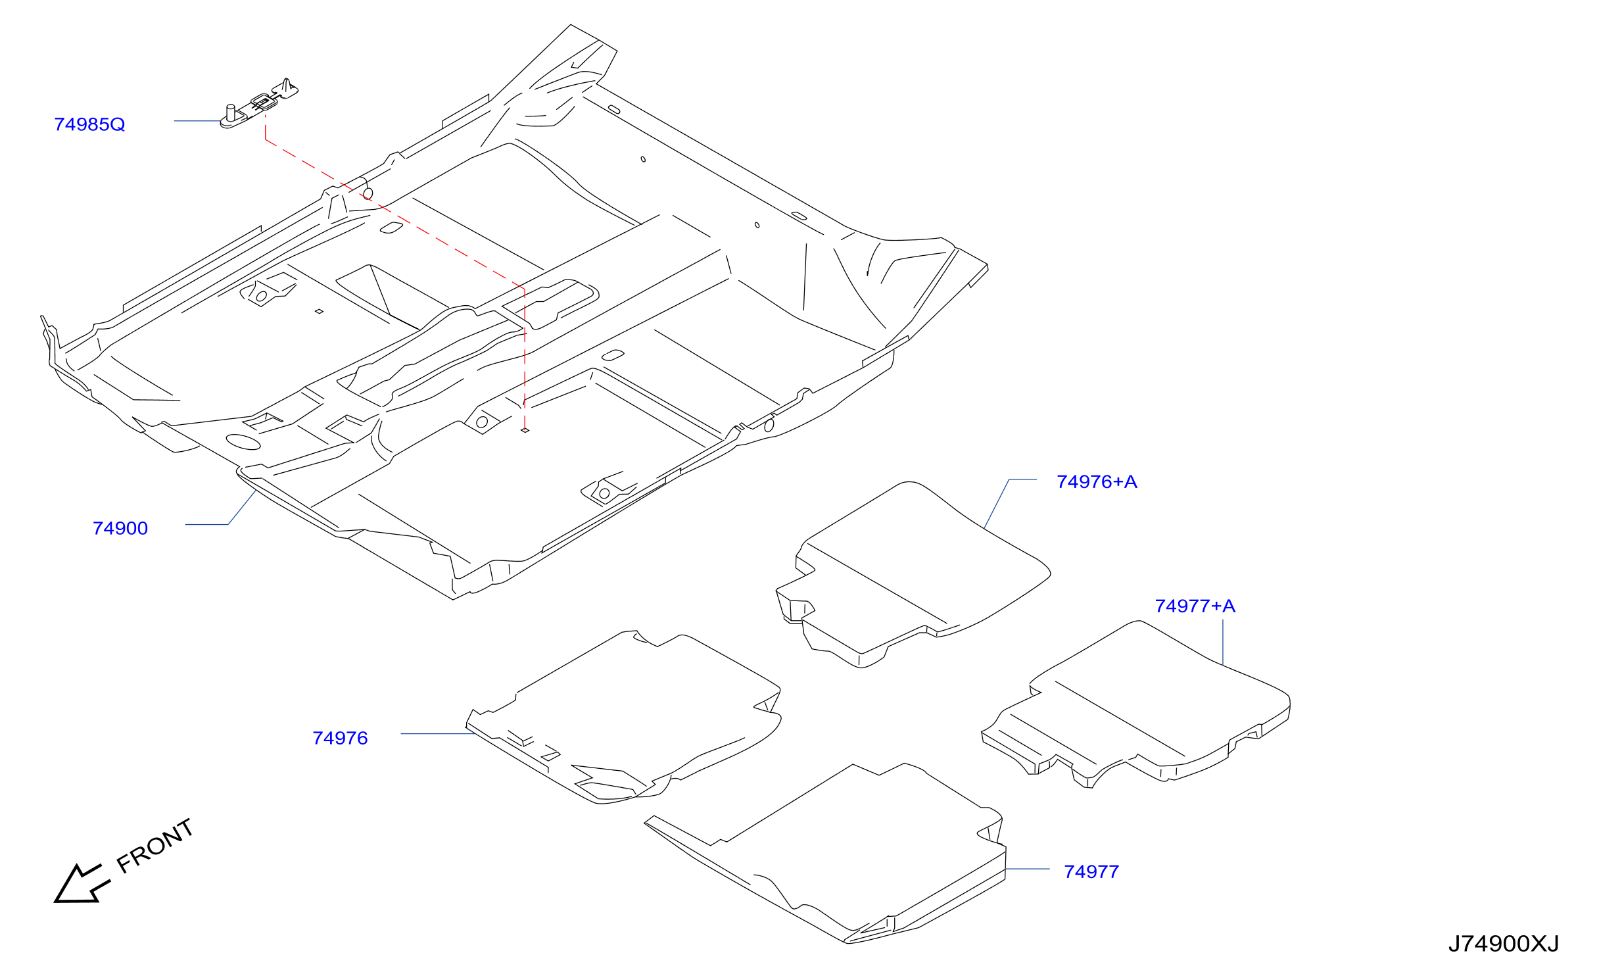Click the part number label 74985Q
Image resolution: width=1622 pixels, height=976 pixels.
[x=89, y=124]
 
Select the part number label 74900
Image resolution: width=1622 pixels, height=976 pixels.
[x=120, y=528]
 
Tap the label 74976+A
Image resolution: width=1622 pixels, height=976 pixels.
[x=1097, y=481]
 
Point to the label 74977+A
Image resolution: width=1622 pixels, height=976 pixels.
[x=1195, y=606]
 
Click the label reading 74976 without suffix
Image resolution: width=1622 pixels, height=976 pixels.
[x=340, y=738]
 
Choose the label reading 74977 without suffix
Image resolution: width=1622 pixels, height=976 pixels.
[x=1091, y=871]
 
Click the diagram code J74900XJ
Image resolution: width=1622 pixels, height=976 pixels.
[x=1504, y=944]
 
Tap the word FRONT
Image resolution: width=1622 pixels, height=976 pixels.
[x=155, y=846]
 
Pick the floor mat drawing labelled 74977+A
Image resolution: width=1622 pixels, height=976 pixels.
[x=1135, y=704]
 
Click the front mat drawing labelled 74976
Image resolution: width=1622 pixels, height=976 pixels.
[x=623, y=718]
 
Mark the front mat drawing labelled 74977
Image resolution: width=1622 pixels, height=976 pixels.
[x=825, y=854]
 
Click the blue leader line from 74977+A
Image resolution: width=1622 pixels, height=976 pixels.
[x=1223, y=642]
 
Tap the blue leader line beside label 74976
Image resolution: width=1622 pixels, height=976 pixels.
[x=438, y=733]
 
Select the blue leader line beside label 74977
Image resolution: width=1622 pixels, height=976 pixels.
[x=1028, y=869]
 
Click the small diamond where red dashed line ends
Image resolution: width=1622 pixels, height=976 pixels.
[x=525, y=430]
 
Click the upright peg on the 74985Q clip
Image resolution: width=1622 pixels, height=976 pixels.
[x=230, y=112]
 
